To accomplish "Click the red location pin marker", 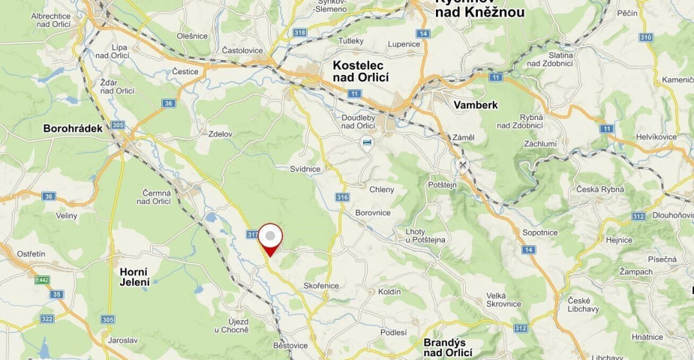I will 270,238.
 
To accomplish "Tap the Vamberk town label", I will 476,105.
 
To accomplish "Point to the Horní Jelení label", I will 134,277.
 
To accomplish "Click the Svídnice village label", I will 305,169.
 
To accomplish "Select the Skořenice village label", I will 322,286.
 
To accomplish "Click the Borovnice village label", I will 373,212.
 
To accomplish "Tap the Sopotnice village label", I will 539,232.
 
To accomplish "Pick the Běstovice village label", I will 290,346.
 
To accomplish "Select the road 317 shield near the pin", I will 252,234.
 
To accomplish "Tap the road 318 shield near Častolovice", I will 301,32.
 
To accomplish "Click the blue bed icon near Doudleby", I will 366,142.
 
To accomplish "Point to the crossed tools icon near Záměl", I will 463,165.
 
